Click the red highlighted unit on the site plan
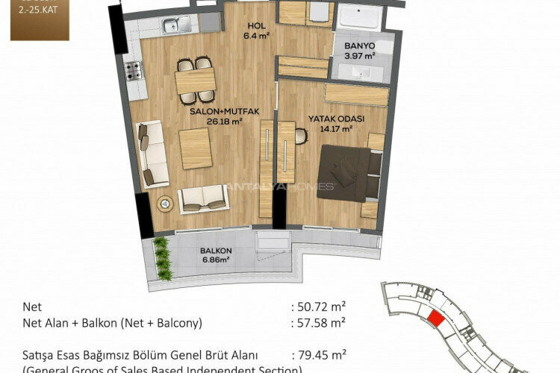click(435, 319)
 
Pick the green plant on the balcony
click(160, 254)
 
